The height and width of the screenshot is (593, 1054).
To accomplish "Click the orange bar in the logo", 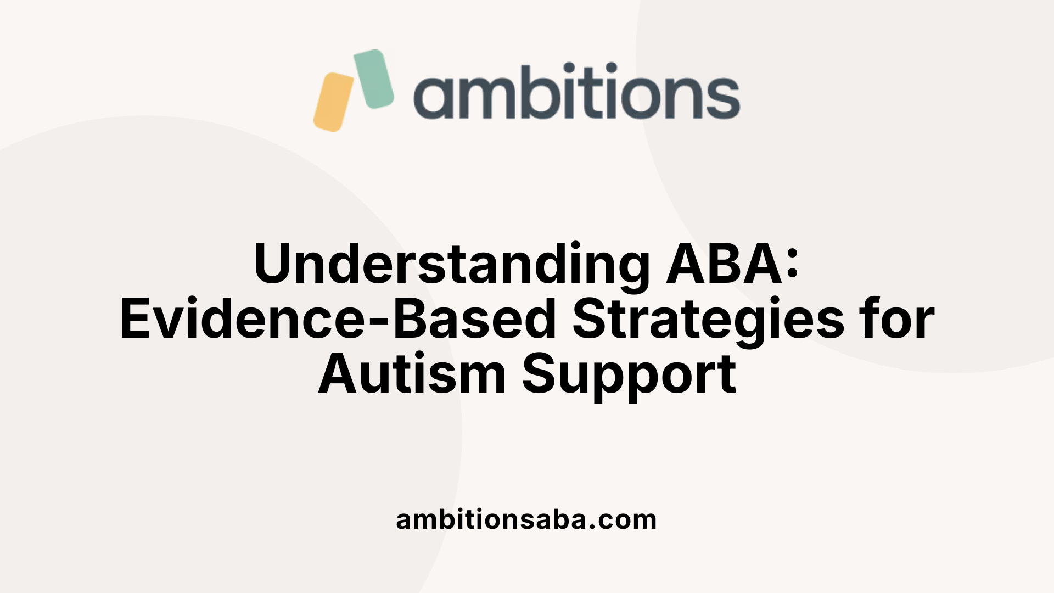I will tap(334, 102).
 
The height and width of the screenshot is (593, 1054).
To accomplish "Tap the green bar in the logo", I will tap(374, 79).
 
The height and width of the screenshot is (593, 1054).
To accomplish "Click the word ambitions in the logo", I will tap(576, 92).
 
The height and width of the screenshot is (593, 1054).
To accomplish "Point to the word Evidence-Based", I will tap(338, 320).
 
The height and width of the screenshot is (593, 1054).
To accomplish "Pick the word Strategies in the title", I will tap(708, 320).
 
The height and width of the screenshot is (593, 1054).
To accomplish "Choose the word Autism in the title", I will tap(412, 374).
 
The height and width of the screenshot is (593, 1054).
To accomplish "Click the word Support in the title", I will tap(629, 374).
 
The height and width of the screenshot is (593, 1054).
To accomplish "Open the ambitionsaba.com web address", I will tap(526, 519).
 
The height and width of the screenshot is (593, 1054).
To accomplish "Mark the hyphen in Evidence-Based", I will tap(378, 322).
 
